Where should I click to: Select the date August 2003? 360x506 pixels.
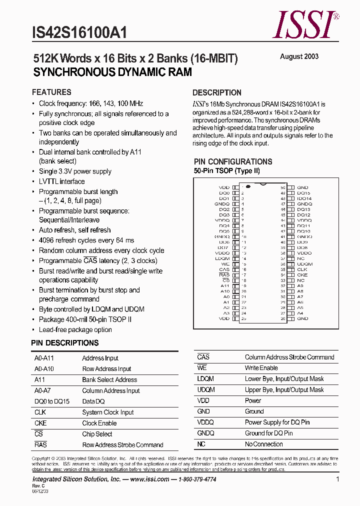pyautogui.click(x=299, y=56)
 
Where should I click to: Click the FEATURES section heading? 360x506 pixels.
pyautogui.click(x=51, y=92)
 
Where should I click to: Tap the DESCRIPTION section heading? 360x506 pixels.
pyautogui.click(x=217, y=92)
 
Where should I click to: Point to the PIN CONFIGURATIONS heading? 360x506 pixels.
pyautogui.click(x=233, y=161)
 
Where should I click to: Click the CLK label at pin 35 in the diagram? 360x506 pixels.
pyautogui.click(x=302, y=269)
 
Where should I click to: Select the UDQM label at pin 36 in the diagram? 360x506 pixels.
pyautogui.click(x=304, y=264)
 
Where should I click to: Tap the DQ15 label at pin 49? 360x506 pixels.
pyautogui.click(x=303, y=193)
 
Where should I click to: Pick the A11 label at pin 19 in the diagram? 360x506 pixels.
pyautogui.click(x=225, y=286)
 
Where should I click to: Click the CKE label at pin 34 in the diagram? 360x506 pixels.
pyautogui.click(x=302, y=275)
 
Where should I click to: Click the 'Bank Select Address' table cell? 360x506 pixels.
pyautogui.click(x=109, y=380)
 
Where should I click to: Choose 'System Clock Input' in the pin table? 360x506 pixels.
pyautogui.click(x=108, y=412)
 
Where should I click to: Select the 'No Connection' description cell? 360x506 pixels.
pyautogui.click(x=263, y=444)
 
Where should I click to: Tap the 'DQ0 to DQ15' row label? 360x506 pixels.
pyautogui.click(x=52, y=401)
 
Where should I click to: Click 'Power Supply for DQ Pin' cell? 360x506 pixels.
pyautogui.click(x=277, y=422)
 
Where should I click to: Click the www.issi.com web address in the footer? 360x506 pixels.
pyautogui.click(x=149, y=479)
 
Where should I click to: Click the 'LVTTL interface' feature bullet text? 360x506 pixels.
pyautogui.click(x=62, y=181)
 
